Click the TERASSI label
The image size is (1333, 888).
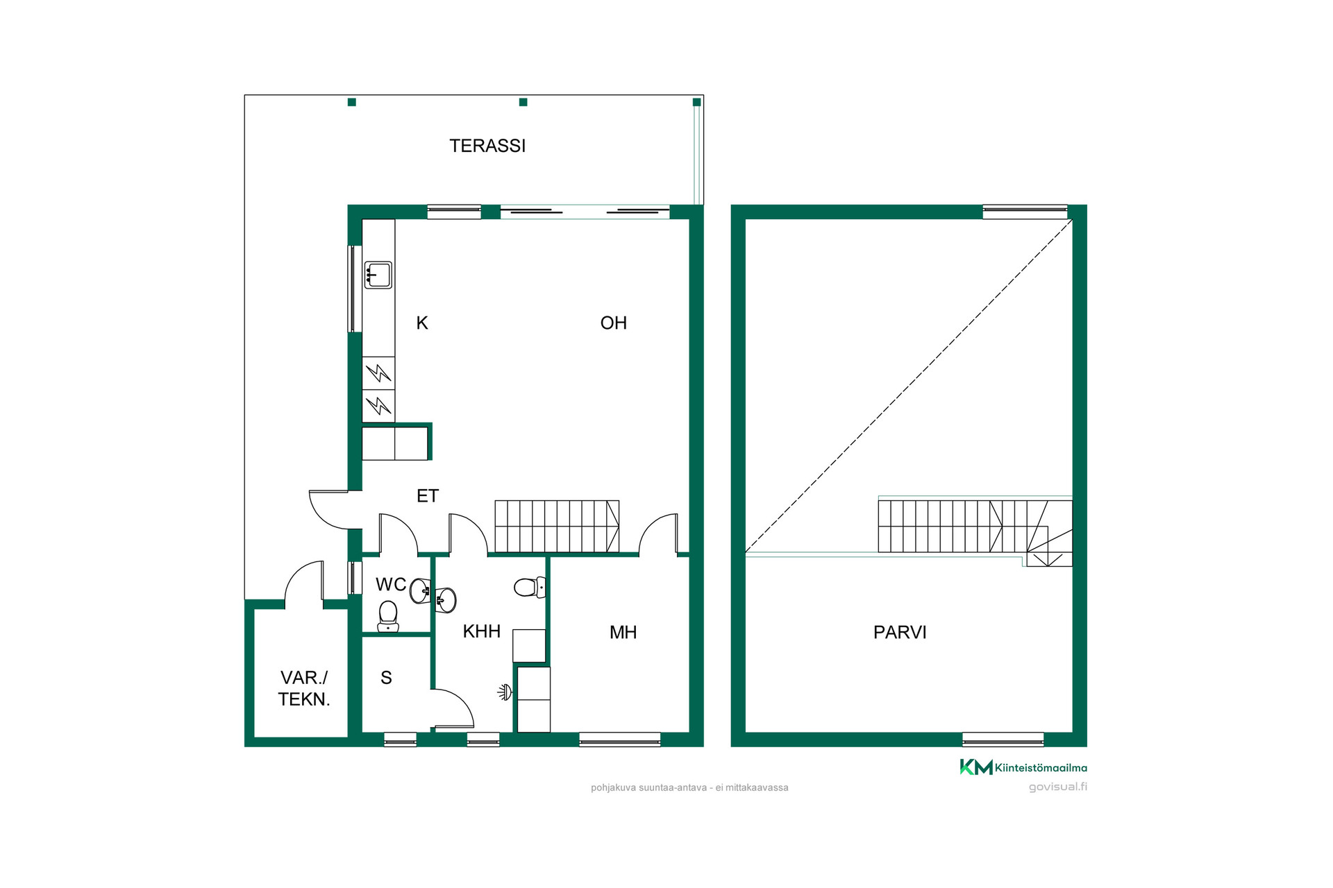(x=487, y=146)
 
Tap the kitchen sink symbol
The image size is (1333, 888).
(x=378, y=275)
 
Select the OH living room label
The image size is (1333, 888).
(x=614, y=323)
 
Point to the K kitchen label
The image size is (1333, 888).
(x=422, y=323)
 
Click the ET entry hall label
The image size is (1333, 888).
(x=428, y=496)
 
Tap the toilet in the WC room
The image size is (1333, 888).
(x=388, y=616)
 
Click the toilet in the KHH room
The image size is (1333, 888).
(x=530, y=588)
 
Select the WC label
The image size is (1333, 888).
(x=391, y=584)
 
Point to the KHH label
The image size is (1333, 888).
(x=482, y=631)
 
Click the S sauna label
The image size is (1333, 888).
(x=387, y=678)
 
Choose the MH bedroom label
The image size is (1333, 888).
(x=623, y=632)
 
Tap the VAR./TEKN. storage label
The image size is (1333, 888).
(x=304, y=688)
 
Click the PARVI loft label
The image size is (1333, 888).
(x=900, y=632)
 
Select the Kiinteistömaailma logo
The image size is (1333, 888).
(x=1023, y=767)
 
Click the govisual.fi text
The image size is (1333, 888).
(x=1058, y=787)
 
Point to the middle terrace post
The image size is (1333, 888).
(x=523, y=102)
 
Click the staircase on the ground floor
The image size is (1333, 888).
(x=557, y=527)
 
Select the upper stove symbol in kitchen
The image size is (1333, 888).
(x=378, y=373)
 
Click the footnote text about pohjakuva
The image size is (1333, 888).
(x=689, y=787)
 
